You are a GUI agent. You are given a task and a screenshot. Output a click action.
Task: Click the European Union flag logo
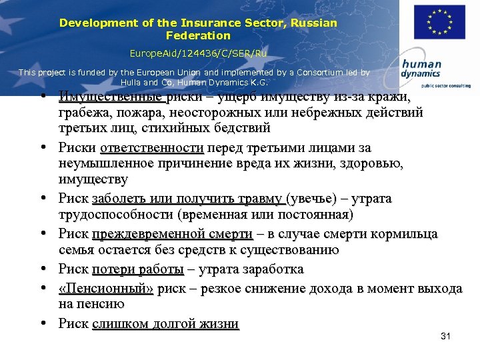tap(440, 22)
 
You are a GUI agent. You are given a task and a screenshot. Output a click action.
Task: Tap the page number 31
tap(446, 336)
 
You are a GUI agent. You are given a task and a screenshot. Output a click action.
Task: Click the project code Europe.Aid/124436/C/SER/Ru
tap(198, 51)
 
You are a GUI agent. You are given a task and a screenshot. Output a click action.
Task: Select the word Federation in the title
tap(198, 35)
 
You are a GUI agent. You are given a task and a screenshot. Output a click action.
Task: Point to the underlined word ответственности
tap(152, 147)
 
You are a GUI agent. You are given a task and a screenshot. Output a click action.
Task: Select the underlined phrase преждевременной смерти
tap(172, 234)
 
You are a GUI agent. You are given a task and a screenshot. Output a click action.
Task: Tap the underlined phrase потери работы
tap(137, 269)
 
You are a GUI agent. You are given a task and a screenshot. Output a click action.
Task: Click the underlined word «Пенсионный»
tap(106, 289)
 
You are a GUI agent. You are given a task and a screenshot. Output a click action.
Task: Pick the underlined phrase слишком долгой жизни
tap(165, 324)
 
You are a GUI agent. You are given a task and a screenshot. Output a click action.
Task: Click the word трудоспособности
tap(116, 215)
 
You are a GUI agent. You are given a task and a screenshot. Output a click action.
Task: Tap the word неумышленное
tap(105, 163)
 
